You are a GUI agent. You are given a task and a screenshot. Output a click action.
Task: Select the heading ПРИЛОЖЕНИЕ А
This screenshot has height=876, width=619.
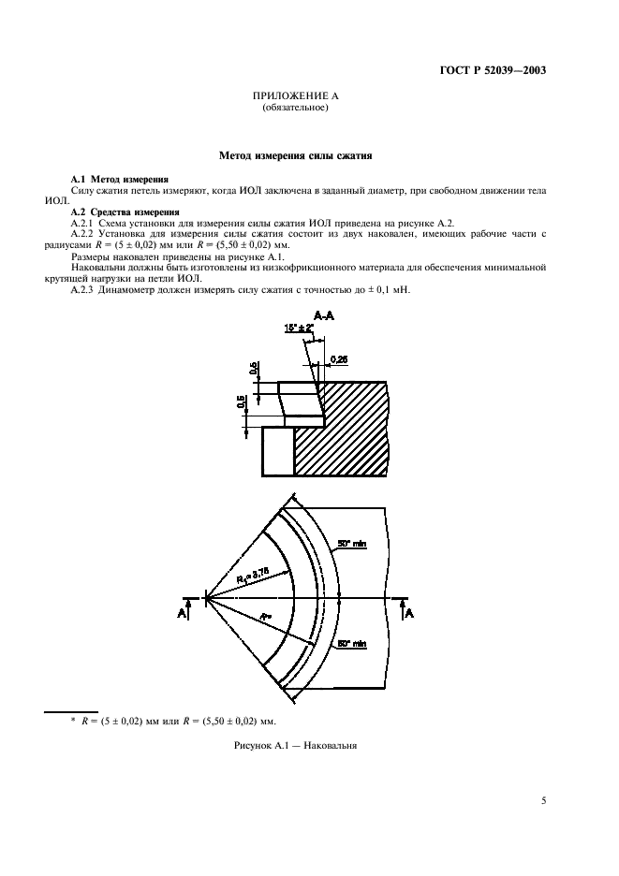point(295,97)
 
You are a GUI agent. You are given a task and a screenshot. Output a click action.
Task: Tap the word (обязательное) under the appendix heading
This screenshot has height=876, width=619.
point(295,108)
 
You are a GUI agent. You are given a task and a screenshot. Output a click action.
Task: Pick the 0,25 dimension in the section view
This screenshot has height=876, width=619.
point(341,358)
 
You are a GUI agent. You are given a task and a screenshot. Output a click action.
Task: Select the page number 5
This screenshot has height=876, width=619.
point(543,801)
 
